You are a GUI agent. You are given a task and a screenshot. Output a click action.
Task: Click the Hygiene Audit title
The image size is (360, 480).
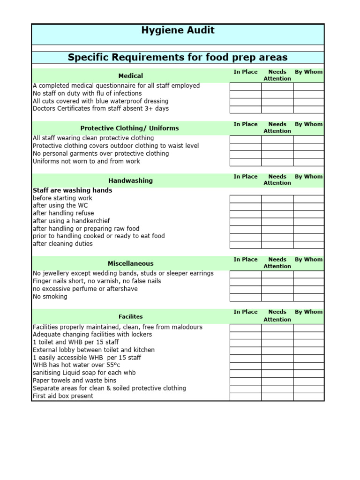click(178, 30)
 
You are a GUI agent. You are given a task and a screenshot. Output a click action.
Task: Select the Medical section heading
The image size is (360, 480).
click(130, 75)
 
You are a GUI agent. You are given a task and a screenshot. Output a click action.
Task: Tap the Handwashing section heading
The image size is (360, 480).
click(130, 180)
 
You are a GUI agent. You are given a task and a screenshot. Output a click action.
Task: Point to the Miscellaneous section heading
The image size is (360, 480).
click(130, 263)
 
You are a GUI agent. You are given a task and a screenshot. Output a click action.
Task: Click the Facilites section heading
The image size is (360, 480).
click(130, 316)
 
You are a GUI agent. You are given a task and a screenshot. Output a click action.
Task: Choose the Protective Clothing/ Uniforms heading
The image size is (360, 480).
click(129, 128)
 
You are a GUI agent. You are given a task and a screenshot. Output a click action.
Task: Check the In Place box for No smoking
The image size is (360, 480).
click(245, 297)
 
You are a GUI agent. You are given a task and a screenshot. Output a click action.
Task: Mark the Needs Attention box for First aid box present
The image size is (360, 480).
click(277, 397)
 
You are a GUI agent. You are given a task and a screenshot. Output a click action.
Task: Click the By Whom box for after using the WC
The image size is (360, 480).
click(308, 206)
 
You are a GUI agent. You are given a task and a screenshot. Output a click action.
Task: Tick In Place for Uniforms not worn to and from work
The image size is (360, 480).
click(245, 162)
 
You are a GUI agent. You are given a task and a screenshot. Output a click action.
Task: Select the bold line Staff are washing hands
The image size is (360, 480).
click(72, 190)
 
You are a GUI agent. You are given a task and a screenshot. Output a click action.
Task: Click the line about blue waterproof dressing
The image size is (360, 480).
click(100, 101)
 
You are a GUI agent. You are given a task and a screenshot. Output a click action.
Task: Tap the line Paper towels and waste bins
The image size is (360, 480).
click(74, 381)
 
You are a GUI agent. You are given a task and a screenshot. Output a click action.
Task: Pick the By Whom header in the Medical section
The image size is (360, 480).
click(308, 72)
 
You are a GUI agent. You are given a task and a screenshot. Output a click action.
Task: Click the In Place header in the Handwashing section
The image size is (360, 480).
click(246, 177)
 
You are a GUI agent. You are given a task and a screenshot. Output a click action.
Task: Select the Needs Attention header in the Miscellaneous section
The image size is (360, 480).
click(277, 262)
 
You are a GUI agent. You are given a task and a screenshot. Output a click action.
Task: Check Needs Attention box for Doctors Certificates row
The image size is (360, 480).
click(277, 109)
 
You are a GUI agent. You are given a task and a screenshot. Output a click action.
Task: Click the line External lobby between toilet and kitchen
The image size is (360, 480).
click(93, 350)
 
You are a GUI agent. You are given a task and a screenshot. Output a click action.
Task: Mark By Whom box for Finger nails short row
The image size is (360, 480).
click(308, 281)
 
